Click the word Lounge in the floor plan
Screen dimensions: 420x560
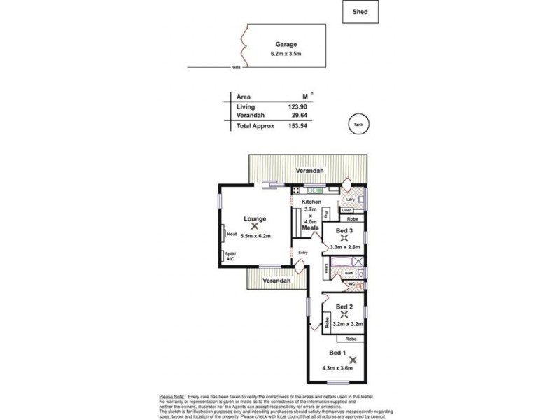point(255,218)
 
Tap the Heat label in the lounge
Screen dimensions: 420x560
point(232,235)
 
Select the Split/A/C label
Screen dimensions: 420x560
point(230,256)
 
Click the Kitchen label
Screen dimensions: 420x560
point(311,202)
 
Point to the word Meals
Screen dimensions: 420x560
point(311,228)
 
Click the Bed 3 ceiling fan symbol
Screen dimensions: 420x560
point(343,238)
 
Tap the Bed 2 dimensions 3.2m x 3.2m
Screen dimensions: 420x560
point(347,324)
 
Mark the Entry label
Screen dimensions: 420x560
point(303,253)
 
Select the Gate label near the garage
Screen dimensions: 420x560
point(236,68)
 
